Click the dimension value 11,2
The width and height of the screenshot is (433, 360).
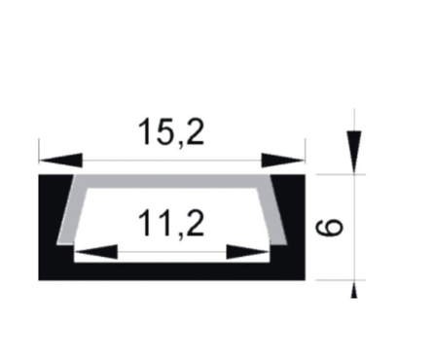171,225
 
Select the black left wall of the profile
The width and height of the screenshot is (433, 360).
53,224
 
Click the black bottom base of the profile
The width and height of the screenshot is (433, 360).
171,270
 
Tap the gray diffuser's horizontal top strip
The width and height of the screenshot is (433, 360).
171,183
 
